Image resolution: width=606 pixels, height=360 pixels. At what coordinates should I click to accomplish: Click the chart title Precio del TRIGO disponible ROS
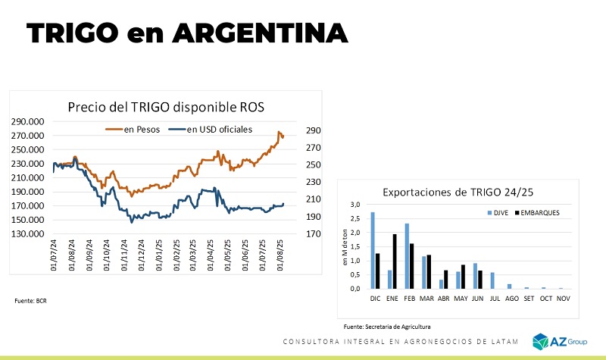coord(166,107)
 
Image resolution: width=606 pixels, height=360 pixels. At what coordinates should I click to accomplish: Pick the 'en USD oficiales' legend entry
coord(212,129)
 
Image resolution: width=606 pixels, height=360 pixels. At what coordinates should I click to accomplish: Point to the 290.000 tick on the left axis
coord(27,121)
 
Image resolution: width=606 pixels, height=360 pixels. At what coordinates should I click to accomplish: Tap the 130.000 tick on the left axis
coord(27,233)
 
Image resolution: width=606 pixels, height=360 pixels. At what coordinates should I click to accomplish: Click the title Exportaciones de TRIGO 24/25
coord(459,192)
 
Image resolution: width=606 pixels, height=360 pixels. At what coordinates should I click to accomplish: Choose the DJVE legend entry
coord(498,213)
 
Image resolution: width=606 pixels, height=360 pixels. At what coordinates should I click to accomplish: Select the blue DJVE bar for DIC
coord(372,250)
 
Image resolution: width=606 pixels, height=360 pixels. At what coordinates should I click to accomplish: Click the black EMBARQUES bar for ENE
coord(395,261)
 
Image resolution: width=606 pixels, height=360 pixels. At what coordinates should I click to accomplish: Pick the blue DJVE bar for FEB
coord(407,256)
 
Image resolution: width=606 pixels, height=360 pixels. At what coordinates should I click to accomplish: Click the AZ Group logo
coord(559,342)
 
